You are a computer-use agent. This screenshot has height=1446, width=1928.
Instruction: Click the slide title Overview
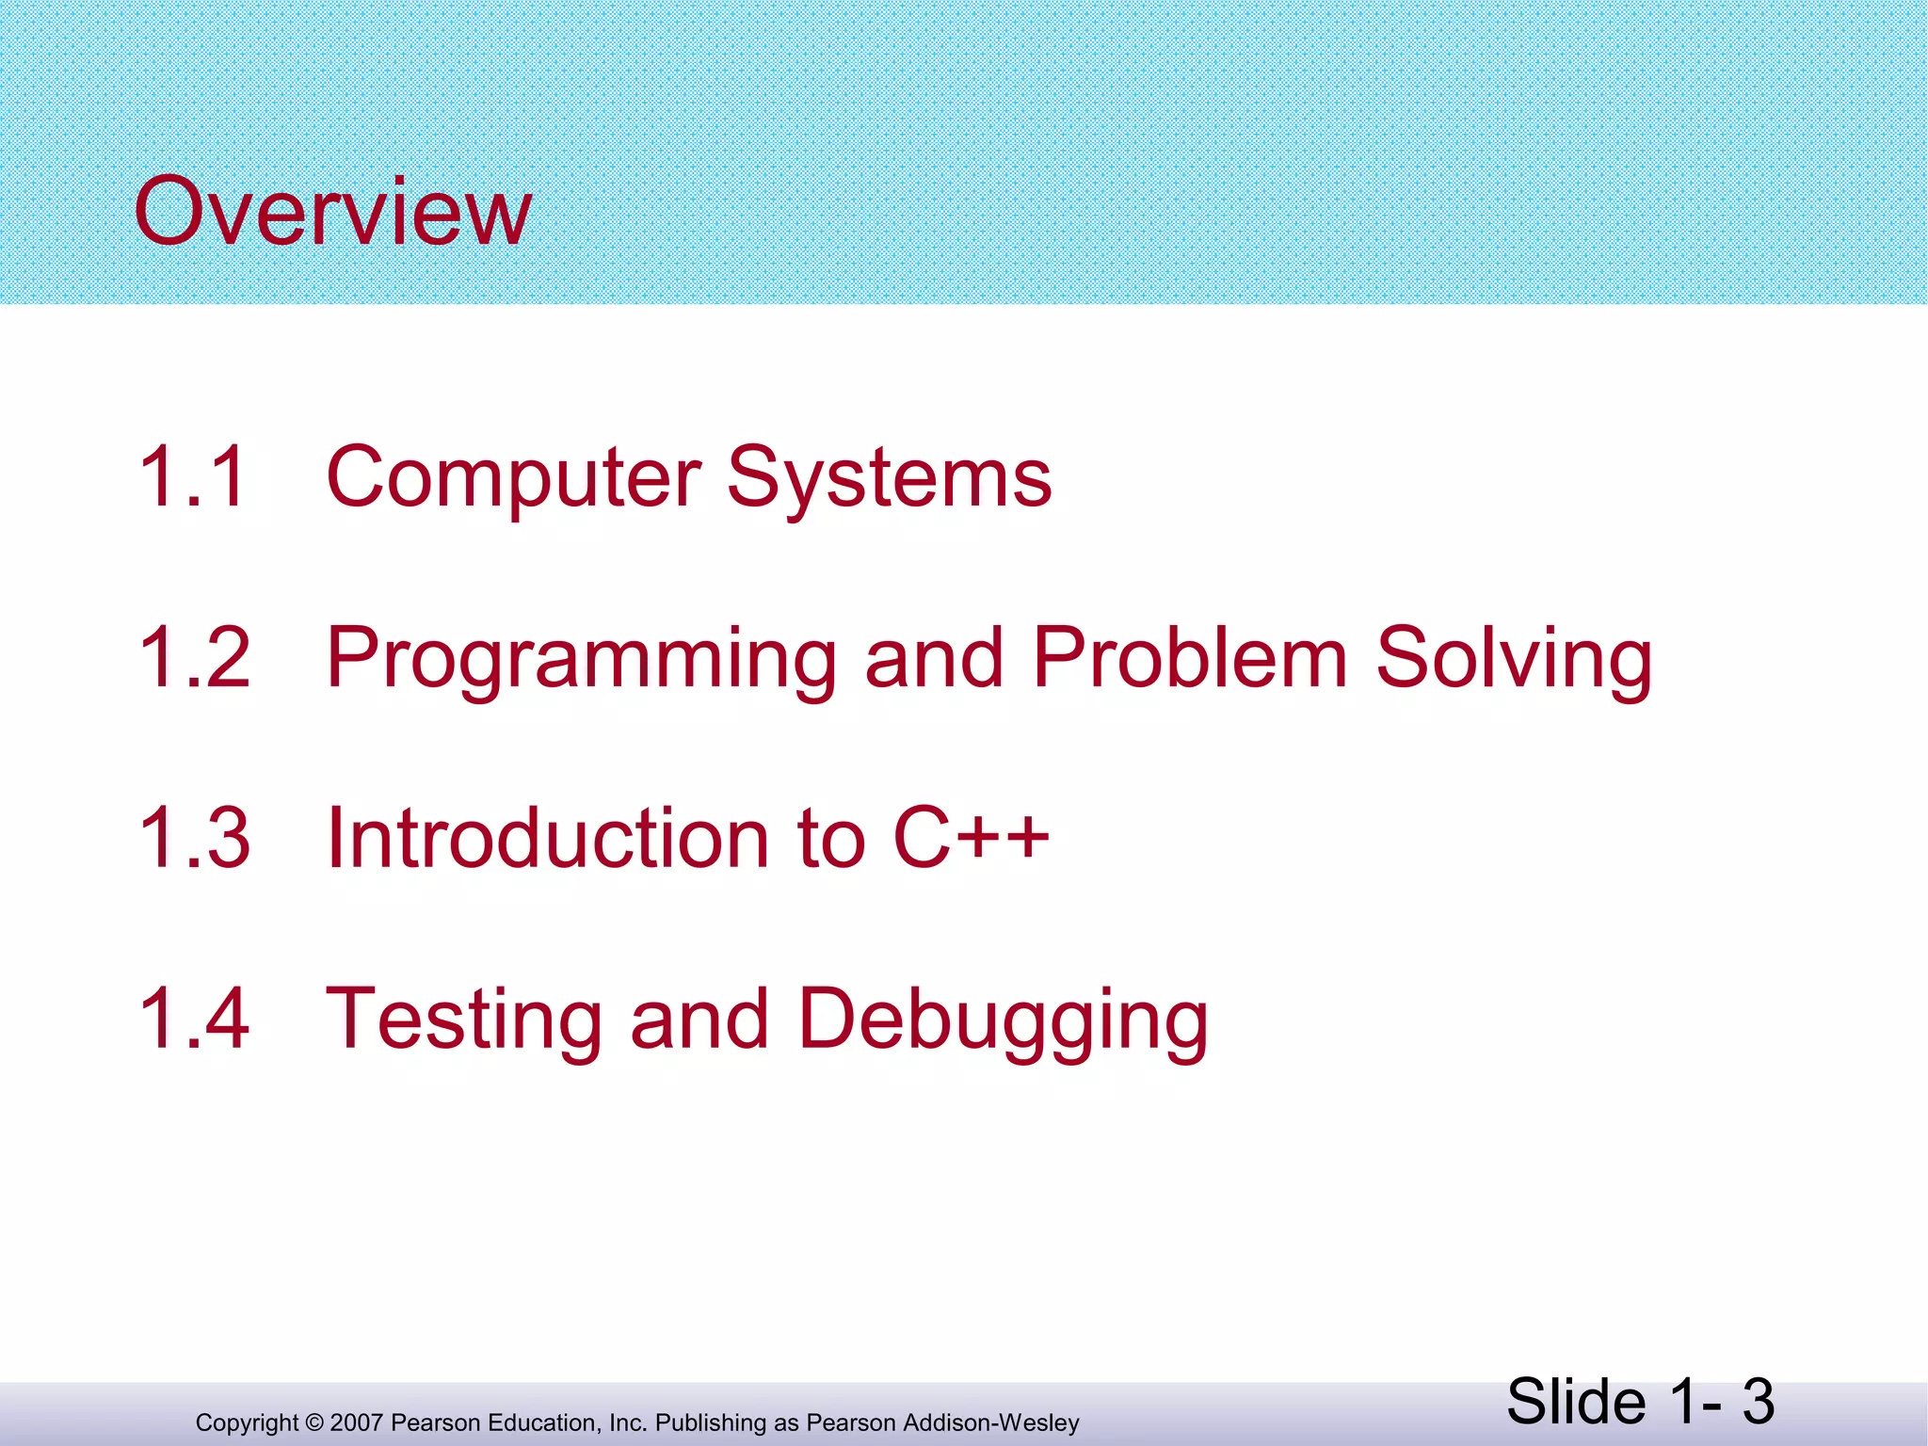pyautogui.click(x=333, y=212)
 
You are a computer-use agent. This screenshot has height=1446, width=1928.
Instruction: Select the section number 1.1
pyautogui.click(x=194, y=477)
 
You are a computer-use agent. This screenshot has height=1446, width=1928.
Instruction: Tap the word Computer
pyautogui.click(x=514, y=477)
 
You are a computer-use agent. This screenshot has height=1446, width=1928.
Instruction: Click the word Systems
pyautogui.click(x=889, y=477)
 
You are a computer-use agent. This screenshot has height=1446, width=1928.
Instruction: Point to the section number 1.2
pyautogui.click(x=194, y=657)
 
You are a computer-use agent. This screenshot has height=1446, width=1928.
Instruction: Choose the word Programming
pyautogui.click(x=581, y=659)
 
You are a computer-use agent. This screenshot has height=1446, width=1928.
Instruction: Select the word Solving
pyautogui.click(x=1513, y=659)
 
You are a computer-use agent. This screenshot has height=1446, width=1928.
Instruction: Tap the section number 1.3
pyautogui.click(x=194, y=838)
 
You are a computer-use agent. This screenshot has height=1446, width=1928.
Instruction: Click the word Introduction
pyautogui.click(x=548, y=838)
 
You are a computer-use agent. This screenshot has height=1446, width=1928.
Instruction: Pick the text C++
pyautogui.click(x=971, y=838)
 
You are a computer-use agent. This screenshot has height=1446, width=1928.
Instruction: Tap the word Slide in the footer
pyautogui.click(x=1576, y=1402)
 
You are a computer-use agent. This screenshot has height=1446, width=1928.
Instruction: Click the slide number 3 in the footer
pyautogui.click(x=1757, y=1402)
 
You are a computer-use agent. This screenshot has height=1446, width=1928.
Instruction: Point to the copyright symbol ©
pyautogui.click(x=314, y=1423)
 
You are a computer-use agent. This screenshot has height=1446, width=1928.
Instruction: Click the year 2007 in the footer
pyautogui.click(x=357, y=1423)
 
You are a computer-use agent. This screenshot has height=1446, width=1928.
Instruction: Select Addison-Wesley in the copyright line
pyautogui.click(x=991, y=1423)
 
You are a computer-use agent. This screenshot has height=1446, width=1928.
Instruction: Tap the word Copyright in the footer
pyautogui.click(x=247, y=1423)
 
